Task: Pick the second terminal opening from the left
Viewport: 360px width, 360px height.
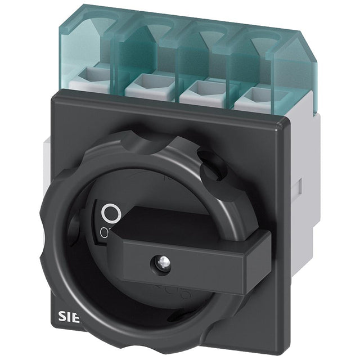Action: tap(147, 87)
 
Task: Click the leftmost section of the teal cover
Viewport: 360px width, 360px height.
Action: tap(87, 39)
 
